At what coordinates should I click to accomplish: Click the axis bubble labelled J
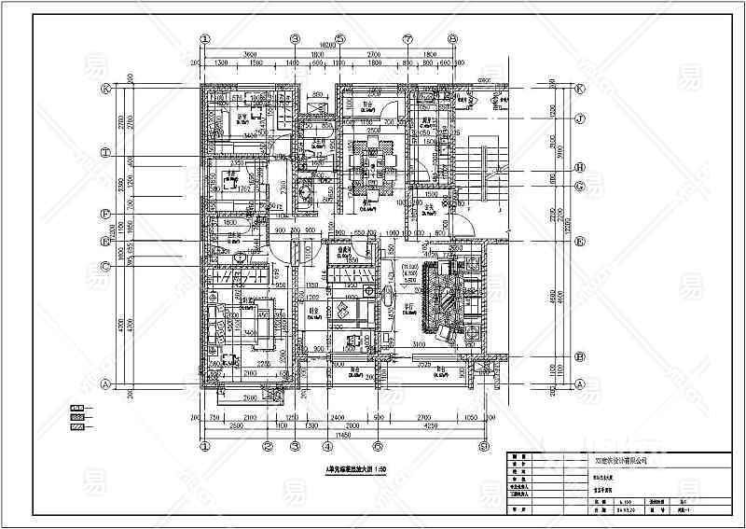(x=579, y=118)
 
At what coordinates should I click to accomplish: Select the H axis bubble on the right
(x=579, y=167)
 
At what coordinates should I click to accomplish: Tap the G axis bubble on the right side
(x=579, y=186)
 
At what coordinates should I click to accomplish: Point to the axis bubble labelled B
(x=579, y=355)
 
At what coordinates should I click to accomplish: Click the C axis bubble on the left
(x=105, y=266)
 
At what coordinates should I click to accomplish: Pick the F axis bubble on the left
(x=105, y=213)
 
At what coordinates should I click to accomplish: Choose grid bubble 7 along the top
(x=408, y=38)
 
